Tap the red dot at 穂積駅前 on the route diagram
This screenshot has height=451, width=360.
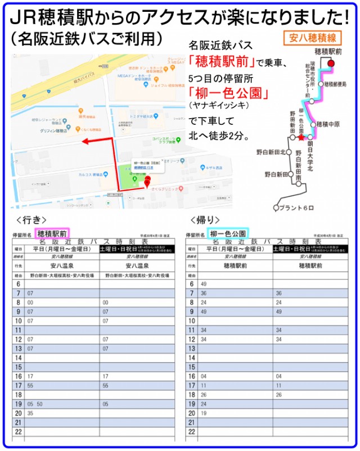tap(331, 64)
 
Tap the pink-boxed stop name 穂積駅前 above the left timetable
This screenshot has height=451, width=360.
tap(52, 233)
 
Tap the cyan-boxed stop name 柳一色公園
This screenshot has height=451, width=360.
tap(227, 233)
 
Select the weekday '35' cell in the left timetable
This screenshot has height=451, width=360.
tap(30, 413)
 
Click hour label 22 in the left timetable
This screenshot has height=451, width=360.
tap(18, 431)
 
